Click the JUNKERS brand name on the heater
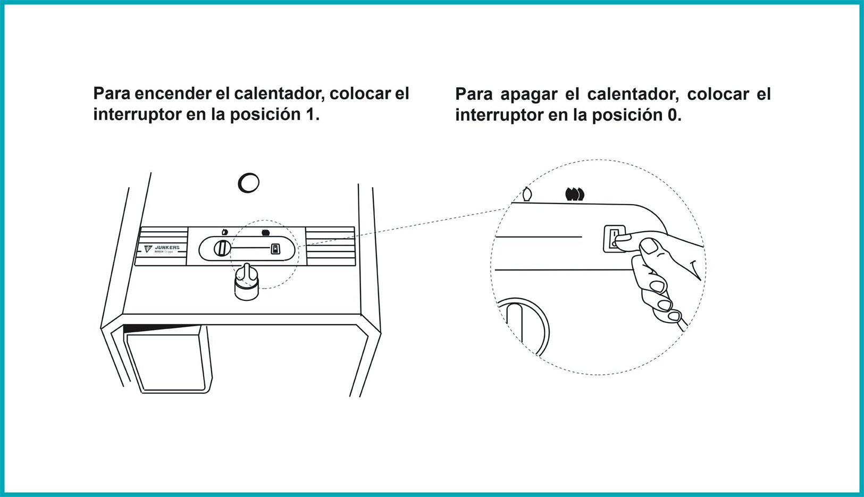(x=167, y=247)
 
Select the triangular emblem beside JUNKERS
(x=148, y=248)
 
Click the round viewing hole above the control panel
(x=248, y=183)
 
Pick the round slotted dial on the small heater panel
(x=222, y=248)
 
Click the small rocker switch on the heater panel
(x=275, y=248)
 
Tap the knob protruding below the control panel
(x=247, y=282)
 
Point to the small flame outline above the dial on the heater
(x=225, y=232)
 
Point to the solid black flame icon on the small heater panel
(x=265, y=232)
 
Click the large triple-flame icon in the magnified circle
(x=575, y=194)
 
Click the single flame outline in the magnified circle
(x=527, y=195)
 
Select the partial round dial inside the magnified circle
(x=524, y=324)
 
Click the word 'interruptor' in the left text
(x=137, y=114)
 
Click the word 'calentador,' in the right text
(x=633, y=95)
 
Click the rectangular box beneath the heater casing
(x=167, y=361)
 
